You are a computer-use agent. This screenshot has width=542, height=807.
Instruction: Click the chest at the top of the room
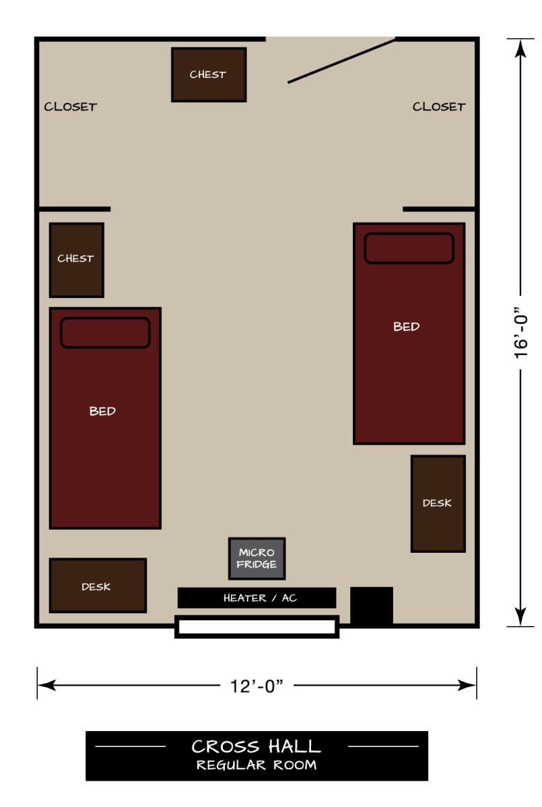pyautogui.click(x=209, y=75)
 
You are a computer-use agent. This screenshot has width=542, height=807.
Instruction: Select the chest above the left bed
pyautogui.click(x=76, y=260)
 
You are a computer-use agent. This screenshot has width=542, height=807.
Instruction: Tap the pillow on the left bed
pyautogui.click(x=105, y=333)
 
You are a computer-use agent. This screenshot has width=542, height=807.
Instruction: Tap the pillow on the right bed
pyautogui.click(x=409, y=248)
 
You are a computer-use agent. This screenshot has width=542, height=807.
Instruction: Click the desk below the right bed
pyautogui.click(x=438, y=504)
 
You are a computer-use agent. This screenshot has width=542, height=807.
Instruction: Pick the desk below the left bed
pyautogui.click(x=98, y=586)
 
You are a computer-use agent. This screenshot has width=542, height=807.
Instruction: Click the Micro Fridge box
pyautogui.click(x=257, y=559)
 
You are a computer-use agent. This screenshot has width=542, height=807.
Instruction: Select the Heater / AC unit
pyautogui.click(x=257, y=598)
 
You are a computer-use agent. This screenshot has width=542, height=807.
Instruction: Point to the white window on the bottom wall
pyautogui.click(x=257, y=627)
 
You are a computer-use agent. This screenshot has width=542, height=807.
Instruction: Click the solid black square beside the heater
pyautogui.click(x=372, y=606)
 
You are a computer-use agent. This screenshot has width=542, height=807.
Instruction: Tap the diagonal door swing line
pyautogui.click(x=341, y=61)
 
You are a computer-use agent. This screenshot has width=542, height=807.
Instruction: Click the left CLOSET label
pyautogui.click(x=71, y=106)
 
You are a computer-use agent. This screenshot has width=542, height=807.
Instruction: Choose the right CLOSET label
pyautogui.click(x=439, y=106)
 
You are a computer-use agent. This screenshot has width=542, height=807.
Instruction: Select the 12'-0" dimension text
pyautogui.click(x=257, y=687)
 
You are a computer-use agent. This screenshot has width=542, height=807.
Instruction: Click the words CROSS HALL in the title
pyautogui.click(x=257, y=746)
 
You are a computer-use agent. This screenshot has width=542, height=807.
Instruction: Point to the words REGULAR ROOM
pyautogui.click(x=257, y=765)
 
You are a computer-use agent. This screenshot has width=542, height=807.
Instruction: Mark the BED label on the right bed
pyautogui.click(x=407, y=327)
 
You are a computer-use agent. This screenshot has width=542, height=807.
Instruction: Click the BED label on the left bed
pyautogui.click(x=102, y=411)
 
